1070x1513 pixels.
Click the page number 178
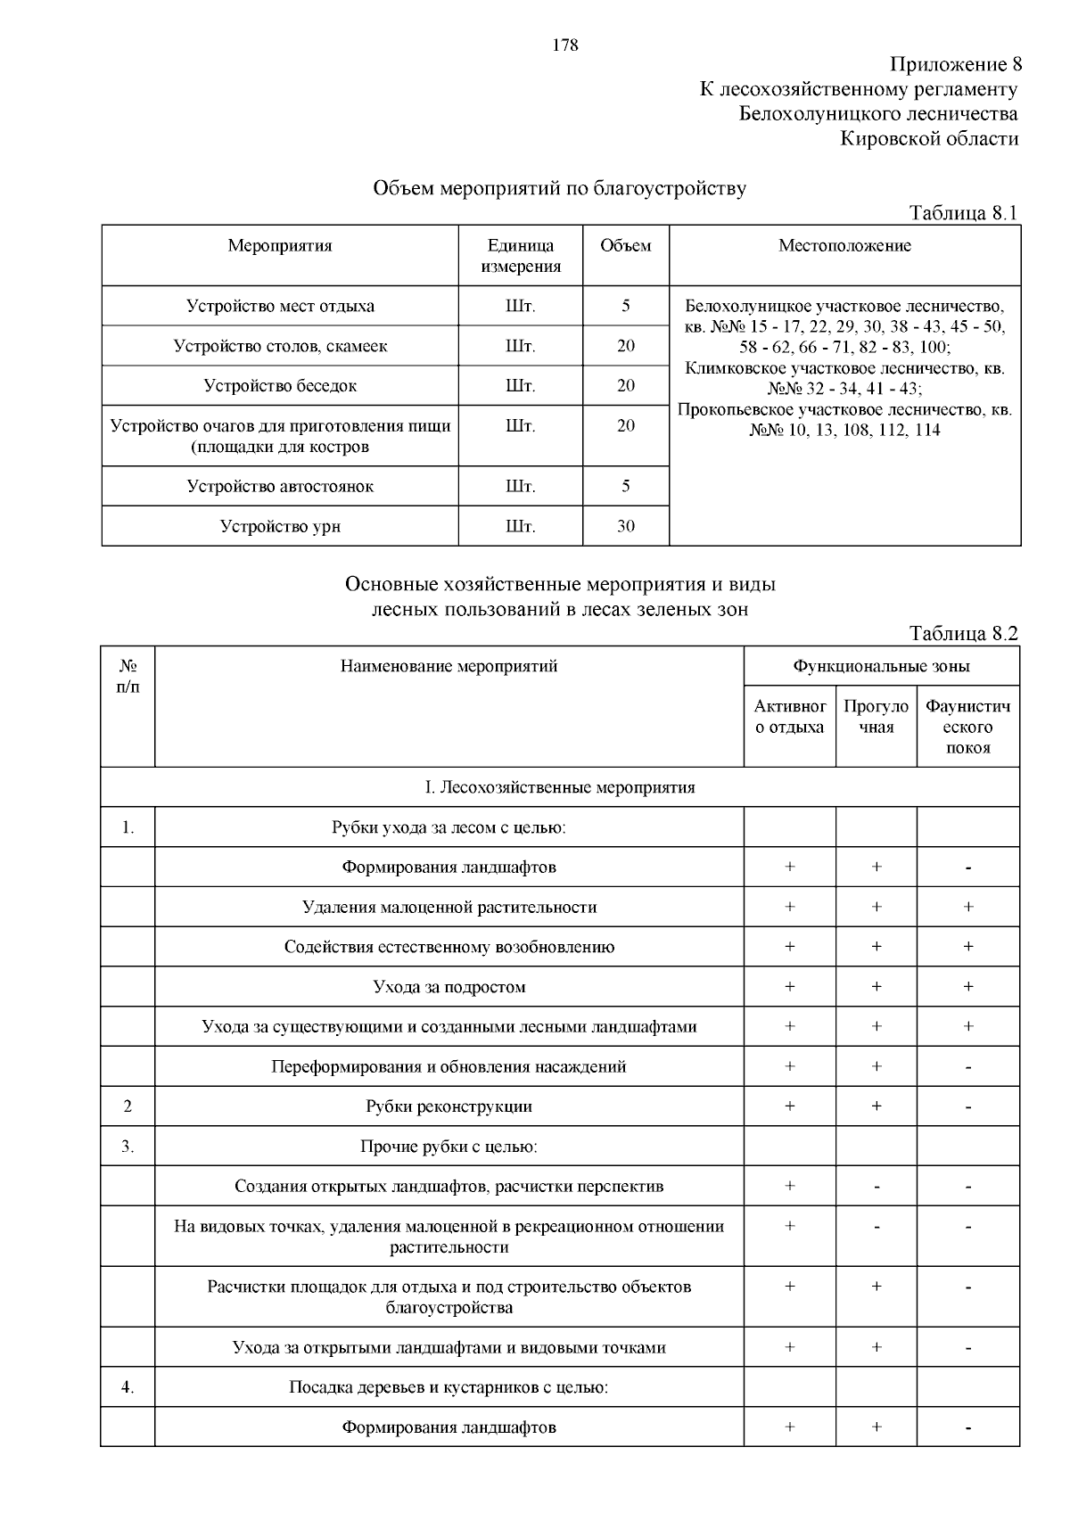(x=565, y=45)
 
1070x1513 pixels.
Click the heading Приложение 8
(x=954, y=64)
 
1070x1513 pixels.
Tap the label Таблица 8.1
(x=962, y=212)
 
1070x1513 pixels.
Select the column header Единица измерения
(x=521, y=256)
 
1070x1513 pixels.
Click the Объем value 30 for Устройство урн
(x=625, y=526)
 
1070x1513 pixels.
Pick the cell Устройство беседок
(x=280, y=386)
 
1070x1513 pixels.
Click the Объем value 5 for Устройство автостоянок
(x=625, y=486)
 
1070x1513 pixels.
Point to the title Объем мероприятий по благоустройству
(x=559, y=188)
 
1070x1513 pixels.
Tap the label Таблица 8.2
(x=962, y=633)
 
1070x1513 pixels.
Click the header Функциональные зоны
(x=881, y=666)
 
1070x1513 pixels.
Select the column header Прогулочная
(x=876, y=717)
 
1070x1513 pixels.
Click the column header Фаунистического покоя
(x=967, y=727)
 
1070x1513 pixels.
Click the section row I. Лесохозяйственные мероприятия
(x=559, y=787)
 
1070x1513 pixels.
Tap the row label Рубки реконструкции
(x=449, y=1106)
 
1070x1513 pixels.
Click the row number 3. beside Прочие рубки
(x=128, y=1147)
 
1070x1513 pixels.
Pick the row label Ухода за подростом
(x=449, y=987)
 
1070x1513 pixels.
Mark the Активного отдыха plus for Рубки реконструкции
(x=789, y=1106)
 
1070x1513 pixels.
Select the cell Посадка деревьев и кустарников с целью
(x=449, y=1387)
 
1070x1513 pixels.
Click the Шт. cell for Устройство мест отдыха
(x=521, y=306)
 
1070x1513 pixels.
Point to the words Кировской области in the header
(x=929, y=138)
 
